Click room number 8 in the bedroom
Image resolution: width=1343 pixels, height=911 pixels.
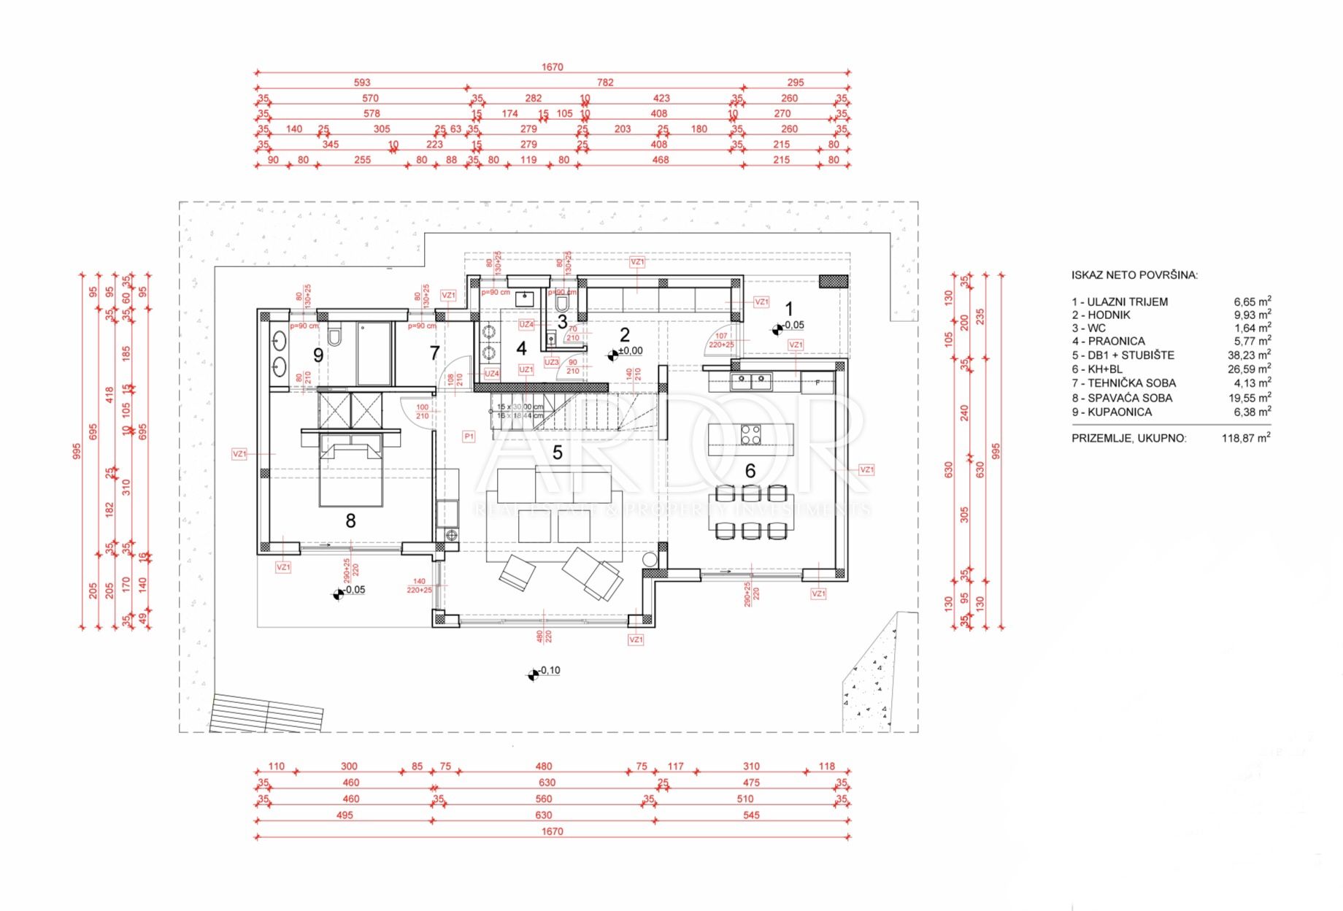[x=350, y=520]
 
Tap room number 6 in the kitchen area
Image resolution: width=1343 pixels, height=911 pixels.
[x=750, y=471]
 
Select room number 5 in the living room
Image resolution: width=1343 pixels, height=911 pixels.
[x=557, y=453]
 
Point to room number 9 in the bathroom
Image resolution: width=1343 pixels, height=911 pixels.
[x=318, y=355]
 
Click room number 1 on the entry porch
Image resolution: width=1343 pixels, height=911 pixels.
[x=788, y=310]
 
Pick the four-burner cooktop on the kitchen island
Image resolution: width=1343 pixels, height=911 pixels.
[x=750, y=434]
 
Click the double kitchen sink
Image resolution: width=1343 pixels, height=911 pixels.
[x=750, y=380]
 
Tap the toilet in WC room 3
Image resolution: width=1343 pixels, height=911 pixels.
[x=562, y=301]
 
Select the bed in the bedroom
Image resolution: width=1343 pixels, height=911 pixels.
[x=350, y=471]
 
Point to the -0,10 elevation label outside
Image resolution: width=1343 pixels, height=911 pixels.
[x=549, y=671]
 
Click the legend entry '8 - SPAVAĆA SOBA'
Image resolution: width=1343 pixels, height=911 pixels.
[x=1122, y=398]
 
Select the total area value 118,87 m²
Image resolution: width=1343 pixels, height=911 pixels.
[x=1246, y=439]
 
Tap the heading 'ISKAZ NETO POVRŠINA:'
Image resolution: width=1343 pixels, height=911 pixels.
[x=1134, y=275]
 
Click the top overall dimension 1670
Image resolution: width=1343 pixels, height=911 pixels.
[x=552, y=67]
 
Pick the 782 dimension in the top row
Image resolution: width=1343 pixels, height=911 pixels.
[x=605, y=82]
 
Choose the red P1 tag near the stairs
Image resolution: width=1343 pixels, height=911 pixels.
[x=469, y=437]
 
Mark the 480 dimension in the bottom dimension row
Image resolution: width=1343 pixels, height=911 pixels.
[x=544, y=766]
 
